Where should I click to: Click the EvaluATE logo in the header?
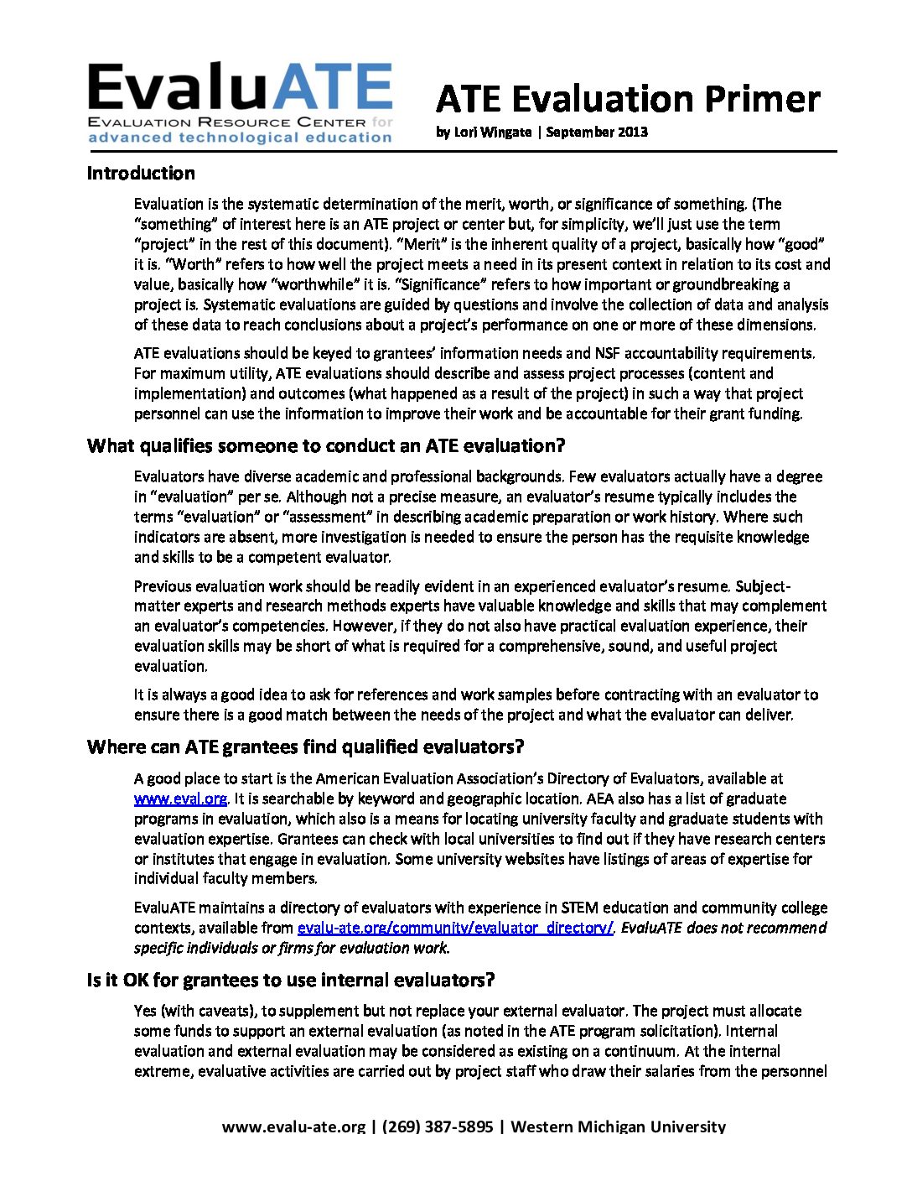pos(240,103)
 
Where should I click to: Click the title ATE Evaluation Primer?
pos(627,99)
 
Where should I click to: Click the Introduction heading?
pos(141,174)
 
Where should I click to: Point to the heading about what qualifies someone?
pos(326,445)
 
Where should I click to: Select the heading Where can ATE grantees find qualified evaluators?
pos(305,747)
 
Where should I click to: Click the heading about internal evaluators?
pos(290,980)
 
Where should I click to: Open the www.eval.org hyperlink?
pos(180,799)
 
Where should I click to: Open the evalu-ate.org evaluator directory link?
pos(456,928)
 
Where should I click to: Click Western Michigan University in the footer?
pos(618,1126)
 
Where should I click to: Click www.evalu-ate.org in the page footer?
pos(293,1126)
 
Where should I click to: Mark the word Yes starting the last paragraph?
pos(144,1011)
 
